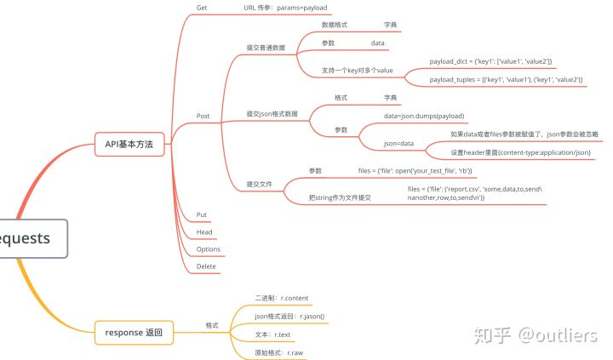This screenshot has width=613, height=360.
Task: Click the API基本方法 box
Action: click(x=129, y=145)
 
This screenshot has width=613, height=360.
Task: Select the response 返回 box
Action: click(x=134, y=332)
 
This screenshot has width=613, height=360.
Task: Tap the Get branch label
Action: click(x=202, y=8)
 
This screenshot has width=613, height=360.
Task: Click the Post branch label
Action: click(x=203, y=116)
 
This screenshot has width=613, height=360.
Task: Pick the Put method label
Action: click(x=202, y=214)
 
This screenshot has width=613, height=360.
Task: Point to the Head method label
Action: click(x=204, y=231)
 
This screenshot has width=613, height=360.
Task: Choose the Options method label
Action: click(x=209, y=249)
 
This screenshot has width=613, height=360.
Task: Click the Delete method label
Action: click(x=206, y=266)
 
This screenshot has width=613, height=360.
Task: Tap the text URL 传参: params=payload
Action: click(x=285, y=8)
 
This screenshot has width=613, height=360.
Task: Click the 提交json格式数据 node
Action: click(x=272, y=113)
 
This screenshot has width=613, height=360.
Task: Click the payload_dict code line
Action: click(x=491, y=61)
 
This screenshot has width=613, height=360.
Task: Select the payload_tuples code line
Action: click(x=506, y=79)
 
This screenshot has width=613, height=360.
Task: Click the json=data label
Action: click(x=398, y=144)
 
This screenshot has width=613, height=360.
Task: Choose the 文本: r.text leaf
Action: click(x=272, y=334)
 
